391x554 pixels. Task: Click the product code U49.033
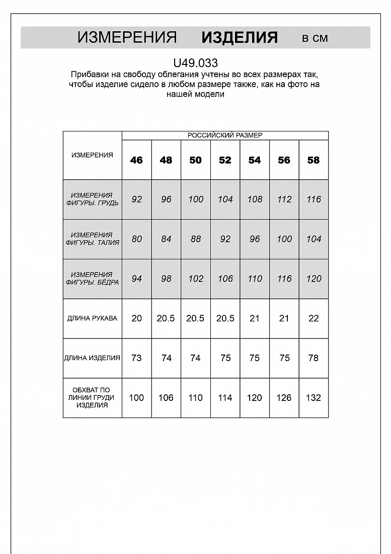195,63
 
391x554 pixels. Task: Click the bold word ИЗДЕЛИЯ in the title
240,37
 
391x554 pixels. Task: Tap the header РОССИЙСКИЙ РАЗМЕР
225,135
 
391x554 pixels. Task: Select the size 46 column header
136,160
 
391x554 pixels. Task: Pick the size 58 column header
314,160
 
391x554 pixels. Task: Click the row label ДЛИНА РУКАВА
92,318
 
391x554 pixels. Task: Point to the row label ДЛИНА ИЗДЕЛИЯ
92,358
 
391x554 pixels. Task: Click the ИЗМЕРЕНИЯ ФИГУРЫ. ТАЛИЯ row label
92,239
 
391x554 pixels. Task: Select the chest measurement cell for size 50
196,199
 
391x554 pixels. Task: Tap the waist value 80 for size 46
136,239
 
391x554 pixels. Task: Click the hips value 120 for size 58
314,279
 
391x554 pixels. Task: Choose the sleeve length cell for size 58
314,318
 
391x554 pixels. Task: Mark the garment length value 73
136,358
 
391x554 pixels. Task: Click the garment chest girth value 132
314,398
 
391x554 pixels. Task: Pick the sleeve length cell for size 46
136,318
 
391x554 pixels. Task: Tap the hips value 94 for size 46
136,279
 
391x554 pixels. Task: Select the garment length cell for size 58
314,358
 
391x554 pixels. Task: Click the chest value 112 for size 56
284,199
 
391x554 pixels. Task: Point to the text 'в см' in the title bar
315,38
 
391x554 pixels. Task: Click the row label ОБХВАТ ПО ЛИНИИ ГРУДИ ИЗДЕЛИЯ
92,398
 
